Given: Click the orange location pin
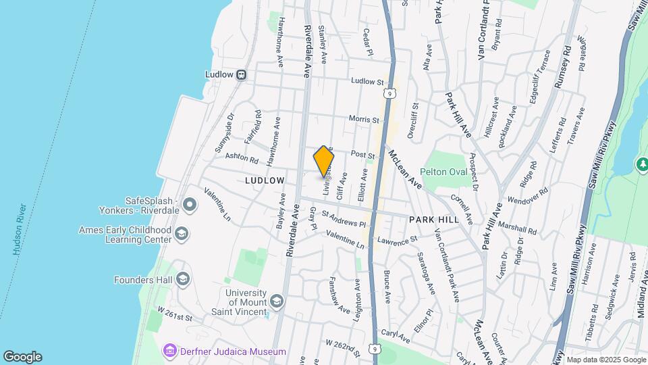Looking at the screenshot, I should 323,162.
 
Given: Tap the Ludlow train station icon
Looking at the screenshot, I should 240,75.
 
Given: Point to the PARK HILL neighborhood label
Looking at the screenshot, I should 434,220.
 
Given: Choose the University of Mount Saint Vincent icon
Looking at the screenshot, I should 276,301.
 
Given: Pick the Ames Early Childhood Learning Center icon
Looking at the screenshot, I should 181,235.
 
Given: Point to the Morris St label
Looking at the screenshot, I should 364,119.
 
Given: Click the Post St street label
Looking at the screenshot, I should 362,155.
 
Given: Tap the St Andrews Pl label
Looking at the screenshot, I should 344,219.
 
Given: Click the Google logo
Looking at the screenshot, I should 22,357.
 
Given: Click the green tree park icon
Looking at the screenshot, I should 641,164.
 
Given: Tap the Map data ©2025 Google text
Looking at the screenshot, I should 605,360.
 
